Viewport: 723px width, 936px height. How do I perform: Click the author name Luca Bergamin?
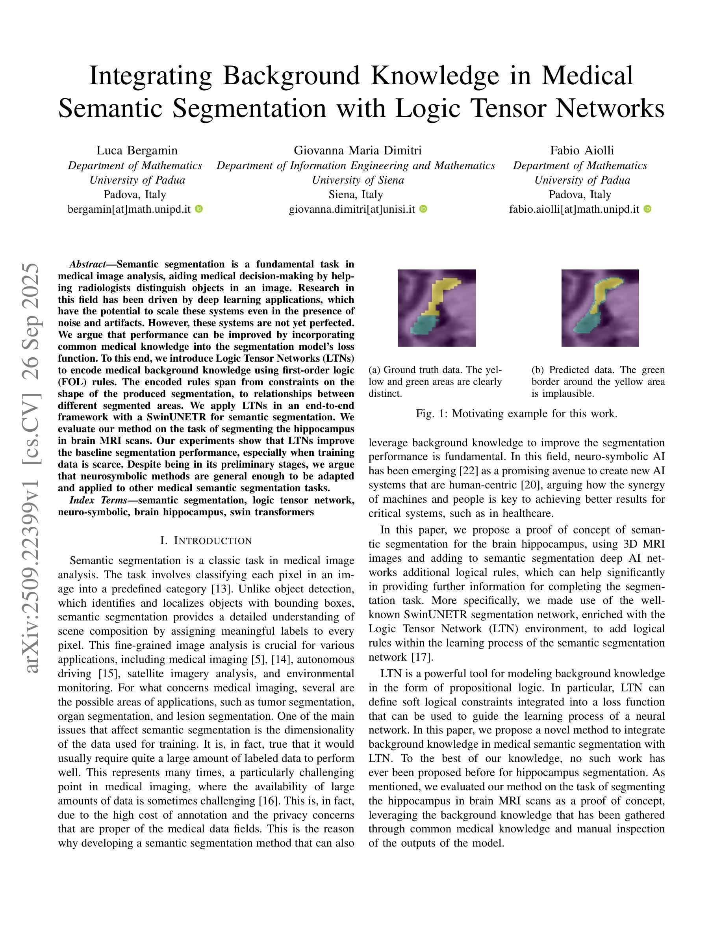click(137, 150)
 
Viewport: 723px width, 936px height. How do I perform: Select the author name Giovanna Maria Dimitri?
click(357, 150)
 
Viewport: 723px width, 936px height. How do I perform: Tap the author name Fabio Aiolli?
click(582, 150)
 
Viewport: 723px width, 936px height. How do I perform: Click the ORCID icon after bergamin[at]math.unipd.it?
click(199, 209)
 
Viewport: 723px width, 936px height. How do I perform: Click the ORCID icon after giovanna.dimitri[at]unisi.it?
click(423, 209)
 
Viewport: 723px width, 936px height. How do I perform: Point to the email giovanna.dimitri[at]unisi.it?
click(352, 209)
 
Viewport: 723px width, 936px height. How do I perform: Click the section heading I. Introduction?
click(206, 540)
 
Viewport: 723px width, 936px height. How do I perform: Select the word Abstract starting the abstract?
click(88, 264)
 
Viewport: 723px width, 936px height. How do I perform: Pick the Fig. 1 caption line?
click(517, 414)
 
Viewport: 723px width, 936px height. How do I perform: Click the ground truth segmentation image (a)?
click(436, 308)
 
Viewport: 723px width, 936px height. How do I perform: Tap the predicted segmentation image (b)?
click(600, 308)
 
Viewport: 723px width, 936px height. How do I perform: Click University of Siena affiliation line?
click(357, 180)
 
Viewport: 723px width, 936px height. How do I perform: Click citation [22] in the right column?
click(466, 471)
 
